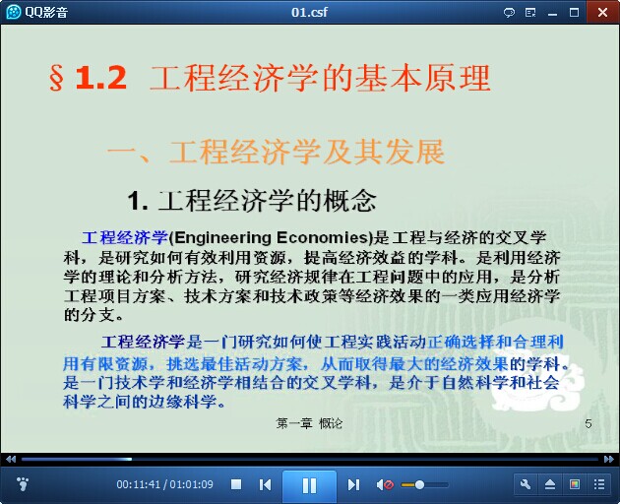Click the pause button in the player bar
pyautogui.click(x=309, y=485)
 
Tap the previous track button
pyautogui.click(x=265, y=484)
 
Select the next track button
pyautogui.click(x=353, y=484)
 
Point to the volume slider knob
pyautogui.click(x=419, y=484)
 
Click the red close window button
pyautogui.click(x=602, y=12)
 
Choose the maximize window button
pyautogui.click(x=574, y=13)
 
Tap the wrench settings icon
pyautogui.click(x=526, y=484)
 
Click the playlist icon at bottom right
pyautogui.click(x=599, y=484)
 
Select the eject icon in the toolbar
pyautogui.click(x=550, y=484)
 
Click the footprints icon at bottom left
pyautogui.click(x=23, y=484)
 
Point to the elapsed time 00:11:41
pyautogui.click(x=139, y=484)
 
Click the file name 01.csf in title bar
pyautogui.click(x=309, y=12)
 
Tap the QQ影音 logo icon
pyautogui.click(x=14, y=12)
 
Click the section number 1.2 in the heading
pyautogui.click(x=100, y=78)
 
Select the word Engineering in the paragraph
pyautogui.click(x=222, y=238)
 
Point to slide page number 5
pyautogui.click(x=589, y=423)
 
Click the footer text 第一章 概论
pyautogui.click(x=309, y=423)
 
